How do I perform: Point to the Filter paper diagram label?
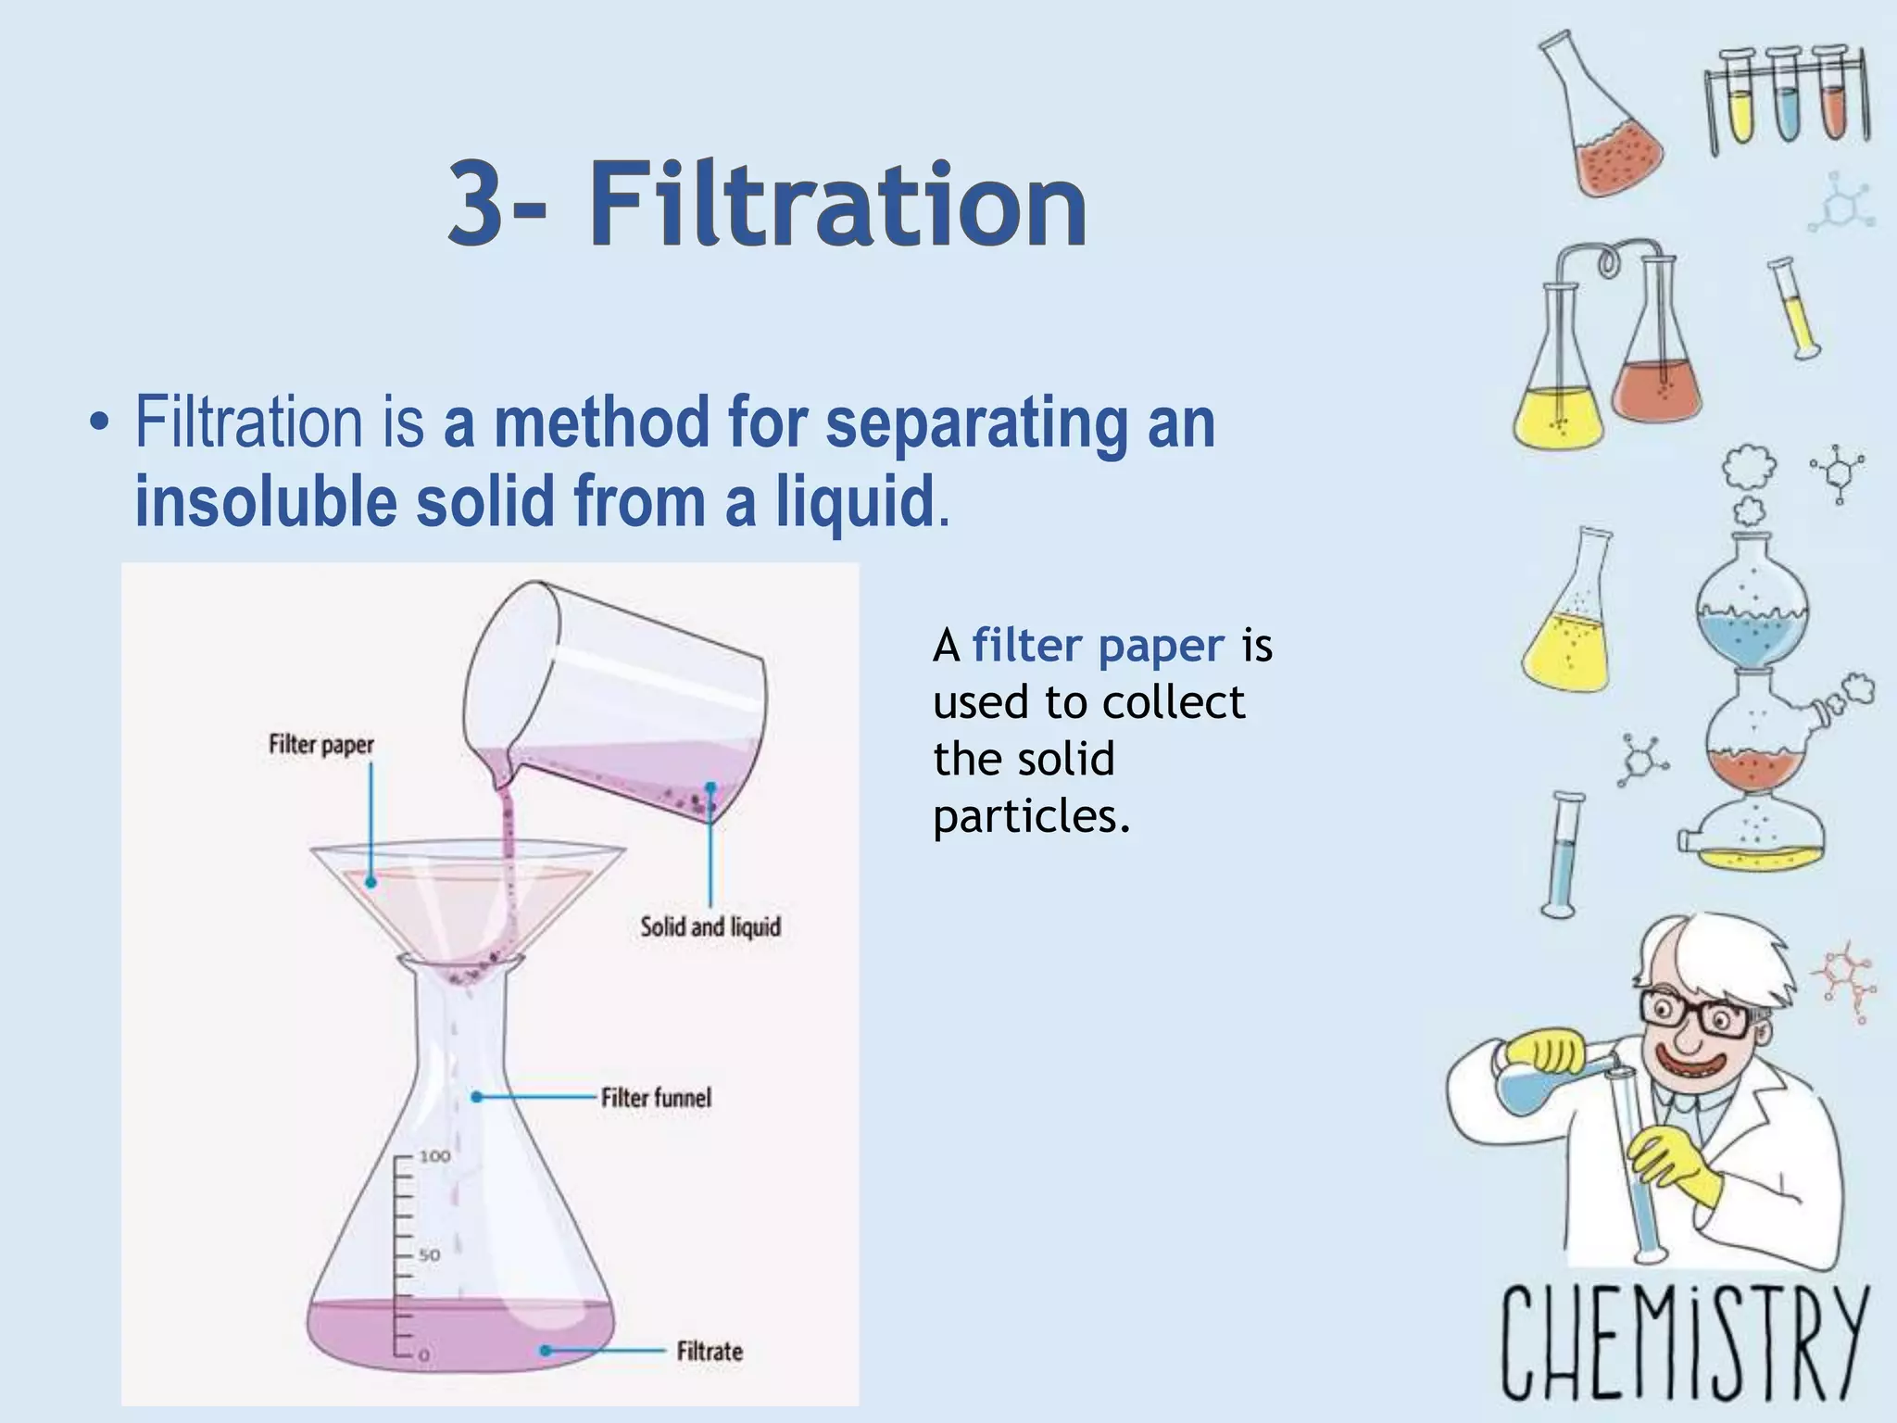(321, 745)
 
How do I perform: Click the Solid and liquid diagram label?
(710, 926)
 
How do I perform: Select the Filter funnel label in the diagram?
(656, 1098)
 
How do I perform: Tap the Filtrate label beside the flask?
(710, 1352)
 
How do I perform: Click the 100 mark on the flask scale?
(434, 1156)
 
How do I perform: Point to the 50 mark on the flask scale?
(429, 1255)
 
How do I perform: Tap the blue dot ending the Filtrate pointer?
(546, 1351)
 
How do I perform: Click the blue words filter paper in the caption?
(1098, 646)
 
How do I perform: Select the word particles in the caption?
(1031, 816)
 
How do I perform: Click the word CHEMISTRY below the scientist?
(1683, 1343)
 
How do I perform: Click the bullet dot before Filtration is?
(97, 425)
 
